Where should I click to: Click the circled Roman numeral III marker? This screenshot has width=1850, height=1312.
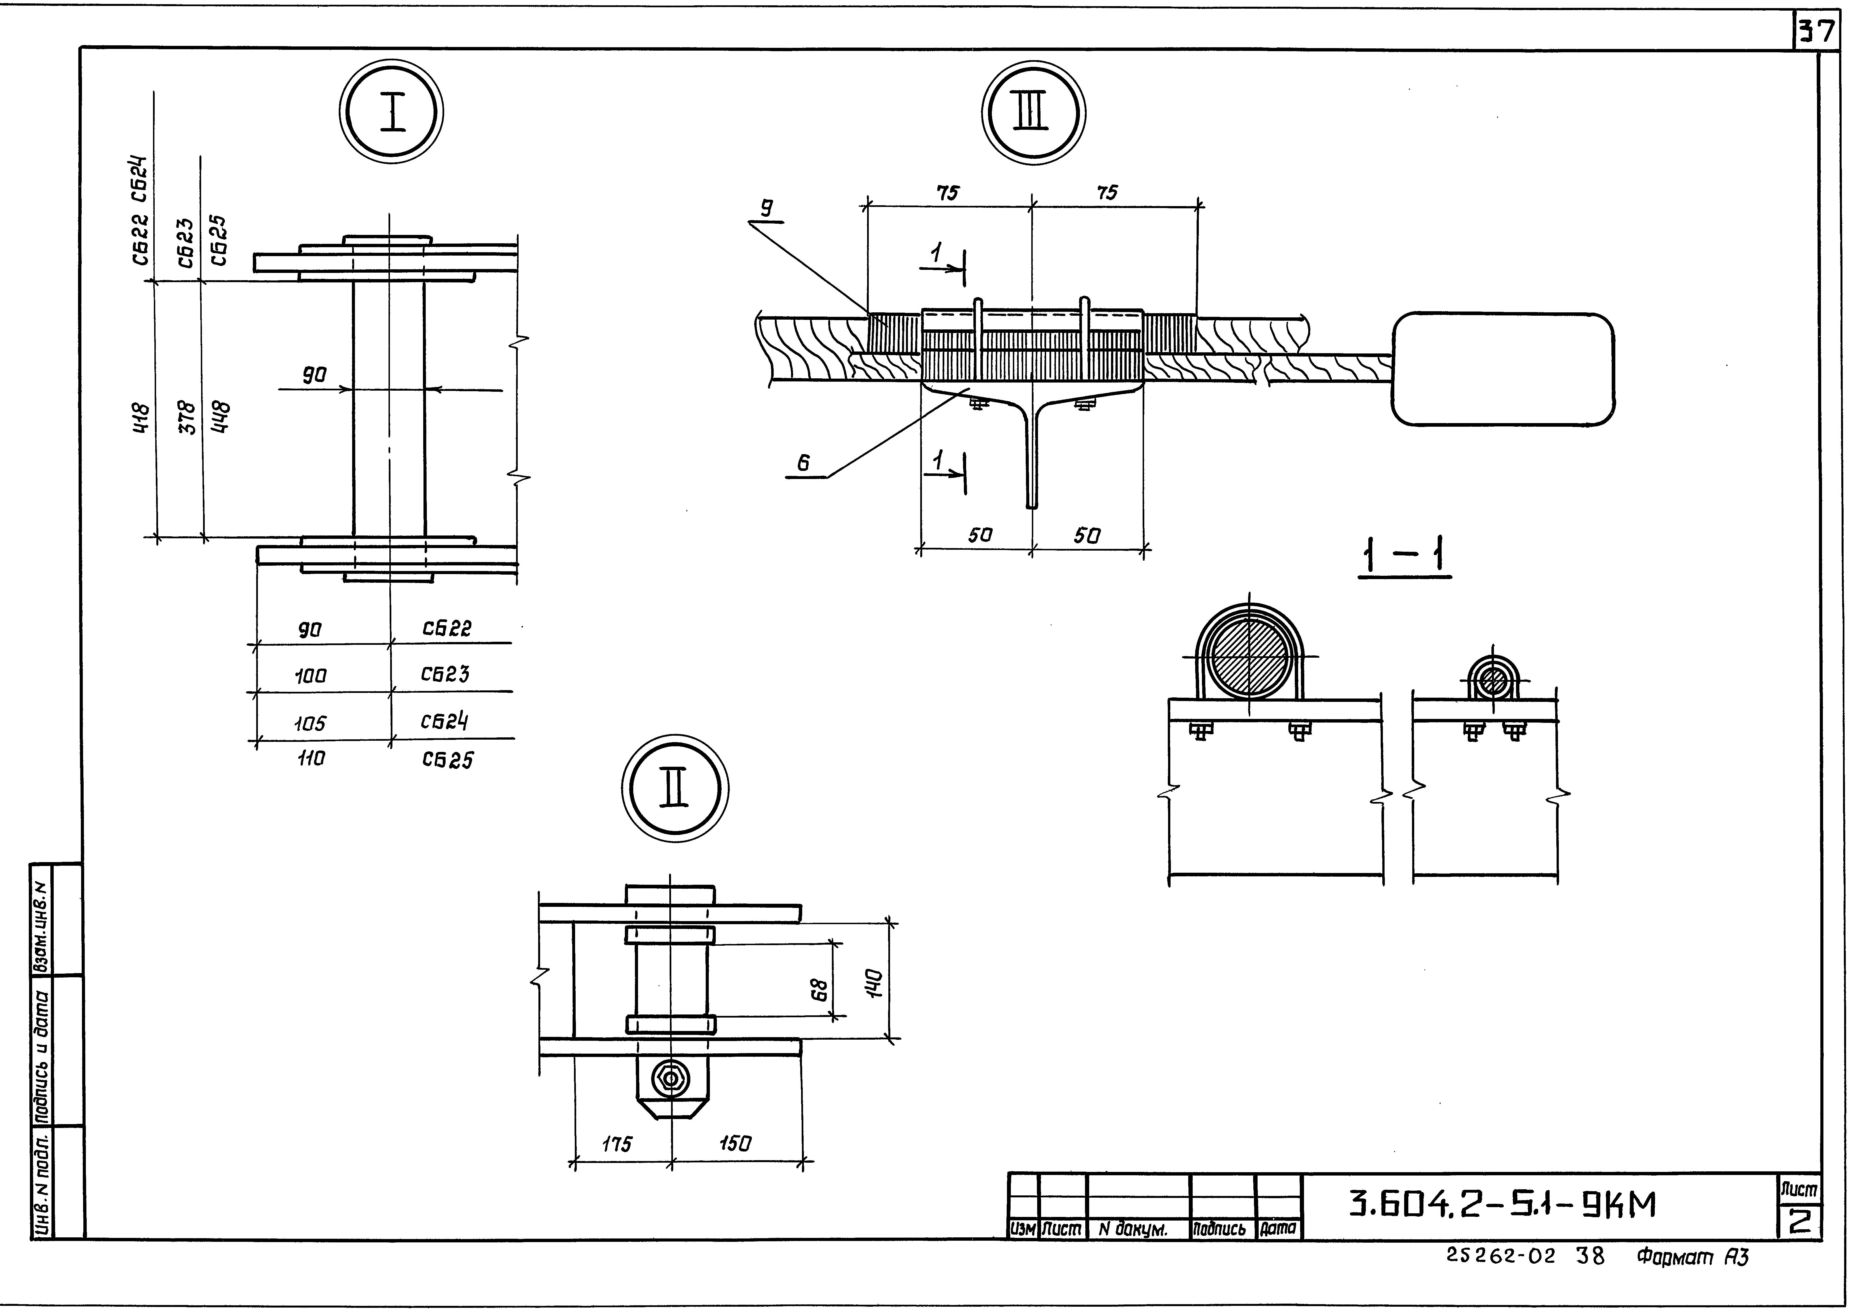(x=1033, y=113)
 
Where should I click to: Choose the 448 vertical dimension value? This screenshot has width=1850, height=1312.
(x=220, y=418)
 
